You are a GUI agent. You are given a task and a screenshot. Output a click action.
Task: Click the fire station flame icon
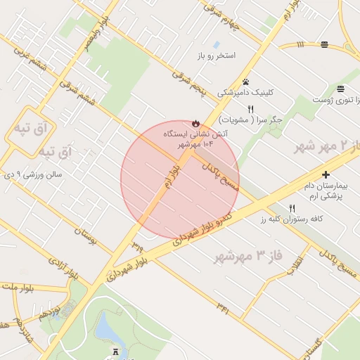click(195, 122)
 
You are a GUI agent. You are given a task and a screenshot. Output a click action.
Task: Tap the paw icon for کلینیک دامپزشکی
click(245, 82)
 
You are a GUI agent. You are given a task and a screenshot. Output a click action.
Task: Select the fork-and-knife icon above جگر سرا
click(250, 109)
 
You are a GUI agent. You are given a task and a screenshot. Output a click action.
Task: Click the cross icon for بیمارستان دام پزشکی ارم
click(326, 174)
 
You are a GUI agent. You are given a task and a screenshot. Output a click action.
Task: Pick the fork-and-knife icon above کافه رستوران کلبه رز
click(292, 208)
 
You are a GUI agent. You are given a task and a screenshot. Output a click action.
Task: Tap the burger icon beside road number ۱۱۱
click(324, 44)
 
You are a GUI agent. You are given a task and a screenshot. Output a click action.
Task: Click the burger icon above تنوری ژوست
click(340, 89)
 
